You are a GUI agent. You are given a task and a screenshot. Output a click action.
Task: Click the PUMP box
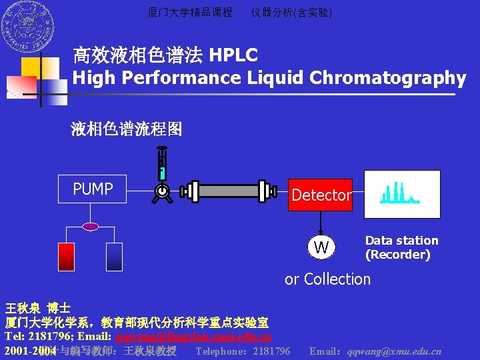[93, 189]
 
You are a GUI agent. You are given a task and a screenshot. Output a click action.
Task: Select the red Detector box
[320, 195]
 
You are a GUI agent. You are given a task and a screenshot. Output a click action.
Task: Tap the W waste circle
[321, 247]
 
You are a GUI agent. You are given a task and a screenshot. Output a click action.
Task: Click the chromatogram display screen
[401, 194]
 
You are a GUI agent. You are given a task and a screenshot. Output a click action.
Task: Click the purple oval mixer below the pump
[91, 227]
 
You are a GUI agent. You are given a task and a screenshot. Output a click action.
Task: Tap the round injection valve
[161, 191]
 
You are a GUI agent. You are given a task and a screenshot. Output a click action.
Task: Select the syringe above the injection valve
[161, 163]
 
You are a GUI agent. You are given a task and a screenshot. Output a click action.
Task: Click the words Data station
[402, 241]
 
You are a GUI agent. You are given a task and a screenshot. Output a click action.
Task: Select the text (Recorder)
[397, 255]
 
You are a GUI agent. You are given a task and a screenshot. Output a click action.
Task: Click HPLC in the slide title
[233, 55]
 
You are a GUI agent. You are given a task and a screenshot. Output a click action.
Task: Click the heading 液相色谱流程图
[127, 129]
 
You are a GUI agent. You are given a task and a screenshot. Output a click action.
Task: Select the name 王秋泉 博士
[37, 309]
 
